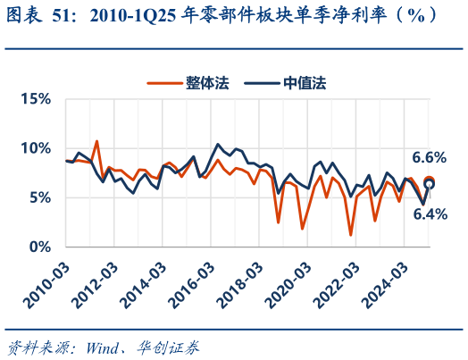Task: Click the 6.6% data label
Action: pyautogui.click(x=428, y=157)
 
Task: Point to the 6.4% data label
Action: pyautogui.click(x=429, y=214)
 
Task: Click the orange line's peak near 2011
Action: pyautogui.click(x=96, y=141)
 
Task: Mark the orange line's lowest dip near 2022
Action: pyautogui.click(x=351, y=235)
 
